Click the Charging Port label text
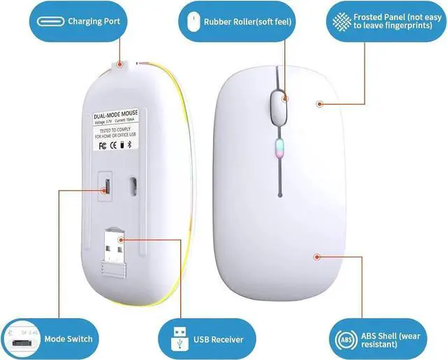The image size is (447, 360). click(x=94, y=22)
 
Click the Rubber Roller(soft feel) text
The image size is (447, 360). click(x=247, y=22)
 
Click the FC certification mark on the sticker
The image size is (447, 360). click(x=102, y=146)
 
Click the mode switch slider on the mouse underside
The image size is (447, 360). click(x=107, y=186)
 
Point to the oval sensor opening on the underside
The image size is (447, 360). click(x=133, y=187)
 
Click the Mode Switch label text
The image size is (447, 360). click(x=68, y=339)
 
